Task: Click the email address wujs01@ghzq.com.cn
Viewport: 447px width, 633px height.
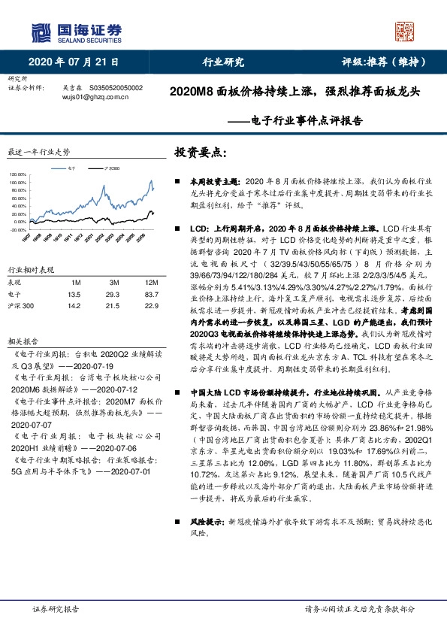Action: pos(95,97)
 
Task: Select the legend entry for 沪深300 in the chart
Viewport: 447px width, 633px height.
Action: pos(110,171)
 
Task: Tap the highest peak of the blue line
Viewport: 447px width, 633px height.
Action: pos(151,181)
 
